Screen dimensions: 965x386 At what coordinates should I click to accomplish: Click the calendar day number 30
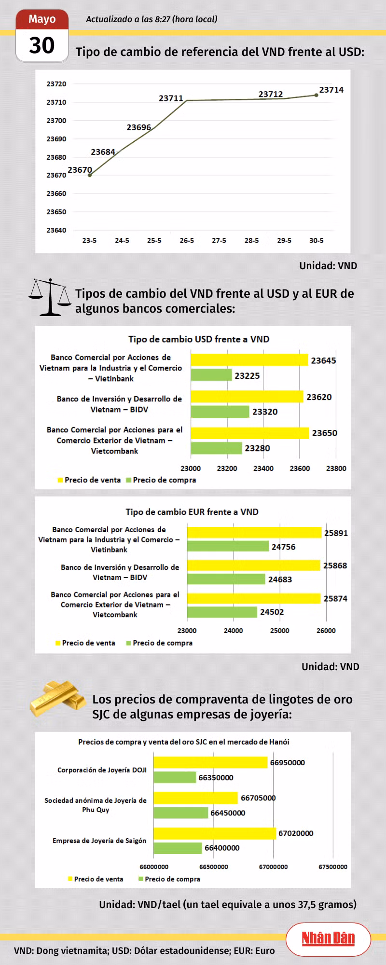click(x=42, y=46)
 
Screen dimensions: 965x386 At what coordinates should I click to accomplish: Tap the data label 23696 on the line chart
click(x=139, y=127)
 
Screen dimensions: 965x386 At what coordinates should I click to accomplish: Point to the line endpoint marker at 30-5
click(x=317, y=95)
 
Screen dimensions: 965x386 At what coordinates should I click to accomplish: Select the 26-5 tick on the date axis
click(x=187, y=240)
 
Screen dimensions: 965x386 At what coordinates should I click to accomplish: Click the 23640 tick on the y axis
click(x=56, y=230)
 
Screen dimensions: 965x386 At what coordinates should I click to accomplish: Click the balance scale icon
click(x=50, y=297)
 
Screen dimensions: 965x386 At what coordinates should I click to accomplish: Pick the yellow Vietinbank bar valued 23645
click(x=249, y=360)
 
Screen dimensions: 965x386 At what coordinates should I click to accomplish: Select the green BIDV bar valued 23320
click(x=220, y=412)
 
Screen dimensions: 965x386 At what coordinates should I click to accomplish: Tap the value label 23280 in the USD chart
click(x=257, y=448)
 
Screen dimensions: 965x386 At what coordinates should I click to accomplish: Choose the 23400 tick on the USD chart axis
click(x=263, y=469)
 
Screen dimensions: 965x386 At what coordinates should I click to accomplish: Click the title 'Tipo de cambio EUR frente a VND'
click(x=192, y=512)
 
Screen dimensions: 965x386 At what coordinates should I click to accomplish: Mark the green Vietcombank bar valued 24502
click(x=222, y=612)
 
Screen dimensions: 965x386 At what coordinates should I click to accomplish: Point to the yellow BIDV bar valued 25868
click(x=254, y=565)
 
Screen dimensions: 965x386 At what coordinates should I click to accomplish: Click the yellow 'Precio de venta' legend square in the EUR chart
click(x=58, y=643)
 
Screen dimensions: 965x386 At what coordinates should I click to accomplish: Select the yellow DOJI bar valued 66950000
click(x=210, y=762)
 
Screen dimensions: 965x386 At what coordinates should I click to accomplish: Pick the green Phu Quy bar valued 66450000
click(x=181, y=813)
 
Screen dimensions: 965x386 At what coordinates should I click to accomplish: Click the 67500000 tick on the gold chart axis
click(x=333, y=867)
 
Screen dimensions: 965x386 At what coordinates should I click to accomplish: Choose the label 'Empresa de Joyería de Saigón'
click(x=99, y=841)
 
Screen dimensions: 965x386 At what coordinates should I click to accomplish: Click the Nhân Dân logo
click(x=328, y=938)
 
